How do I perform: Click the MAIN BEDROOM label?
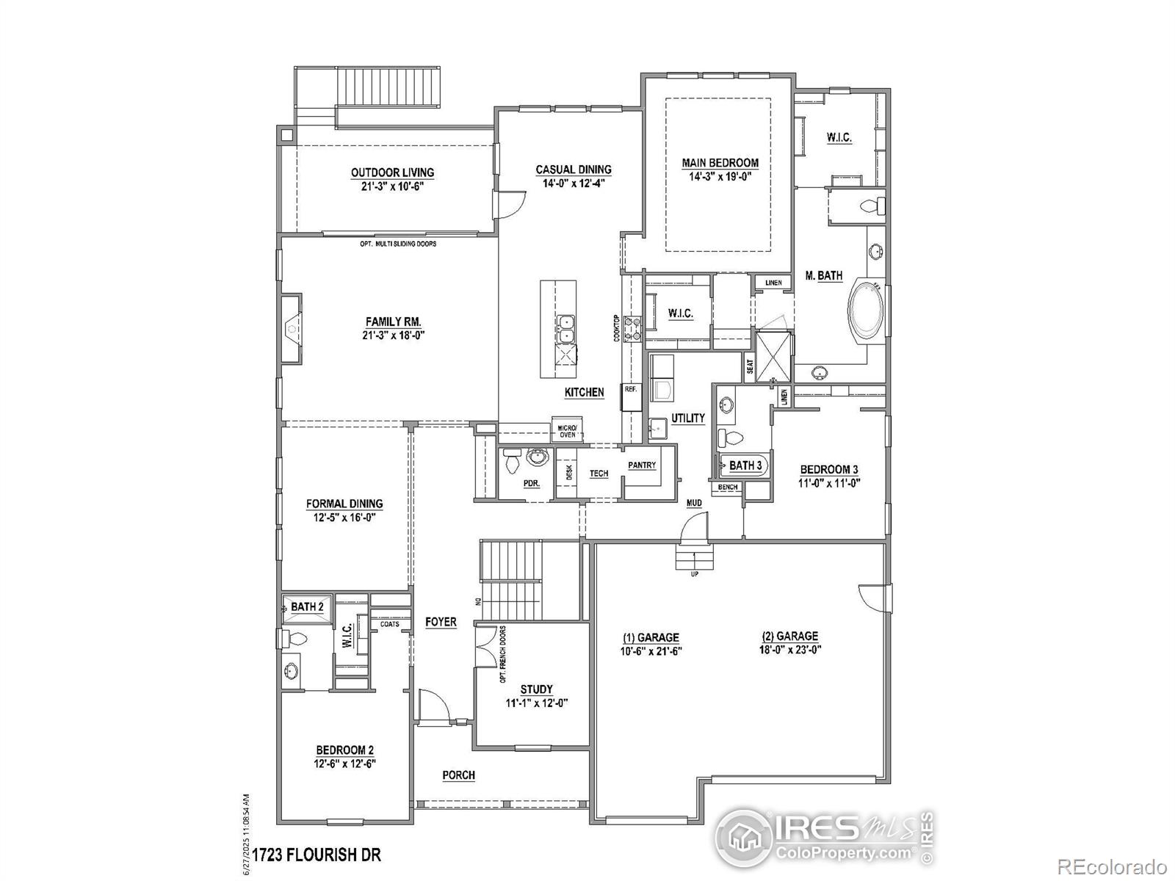(x=720, y=163)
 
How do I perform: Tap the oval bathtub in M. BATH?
(x=867, y=311)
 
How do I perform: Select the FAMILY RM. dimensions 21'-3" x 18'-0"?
(x=394, y=336)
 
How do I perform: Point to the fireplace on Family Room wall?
(x=292, y=327)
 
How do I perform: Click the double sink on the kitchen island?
(x=566, y=330)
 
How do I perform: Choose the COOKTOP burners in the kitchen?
(x=633, y=328)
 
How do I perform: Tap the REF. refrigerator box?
(x=631, y=390)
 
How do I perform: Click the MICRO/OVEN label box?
(x=567, y=432)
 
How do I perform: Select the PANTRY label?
(x=642, y=465)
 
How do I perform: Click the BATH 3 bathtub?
(x=745, y=465)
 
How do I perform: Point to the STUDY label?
(x=536, y=689)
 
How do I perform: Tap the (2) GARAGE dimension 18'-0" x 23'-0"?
(x=789, y=649)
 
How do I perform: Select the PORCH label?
(x=458, y=775)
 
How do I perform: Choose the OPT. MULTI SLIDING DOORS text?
(x=398, y=244)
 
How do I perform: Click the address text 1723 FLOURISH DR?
(x=317, y=855)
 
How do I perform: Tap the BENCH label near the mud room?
(x=728, y=487)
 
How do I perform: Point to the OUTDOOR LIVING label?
(x=392, y=173)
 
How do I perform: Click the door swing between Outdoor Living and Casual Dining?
(x=510, y=202)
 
